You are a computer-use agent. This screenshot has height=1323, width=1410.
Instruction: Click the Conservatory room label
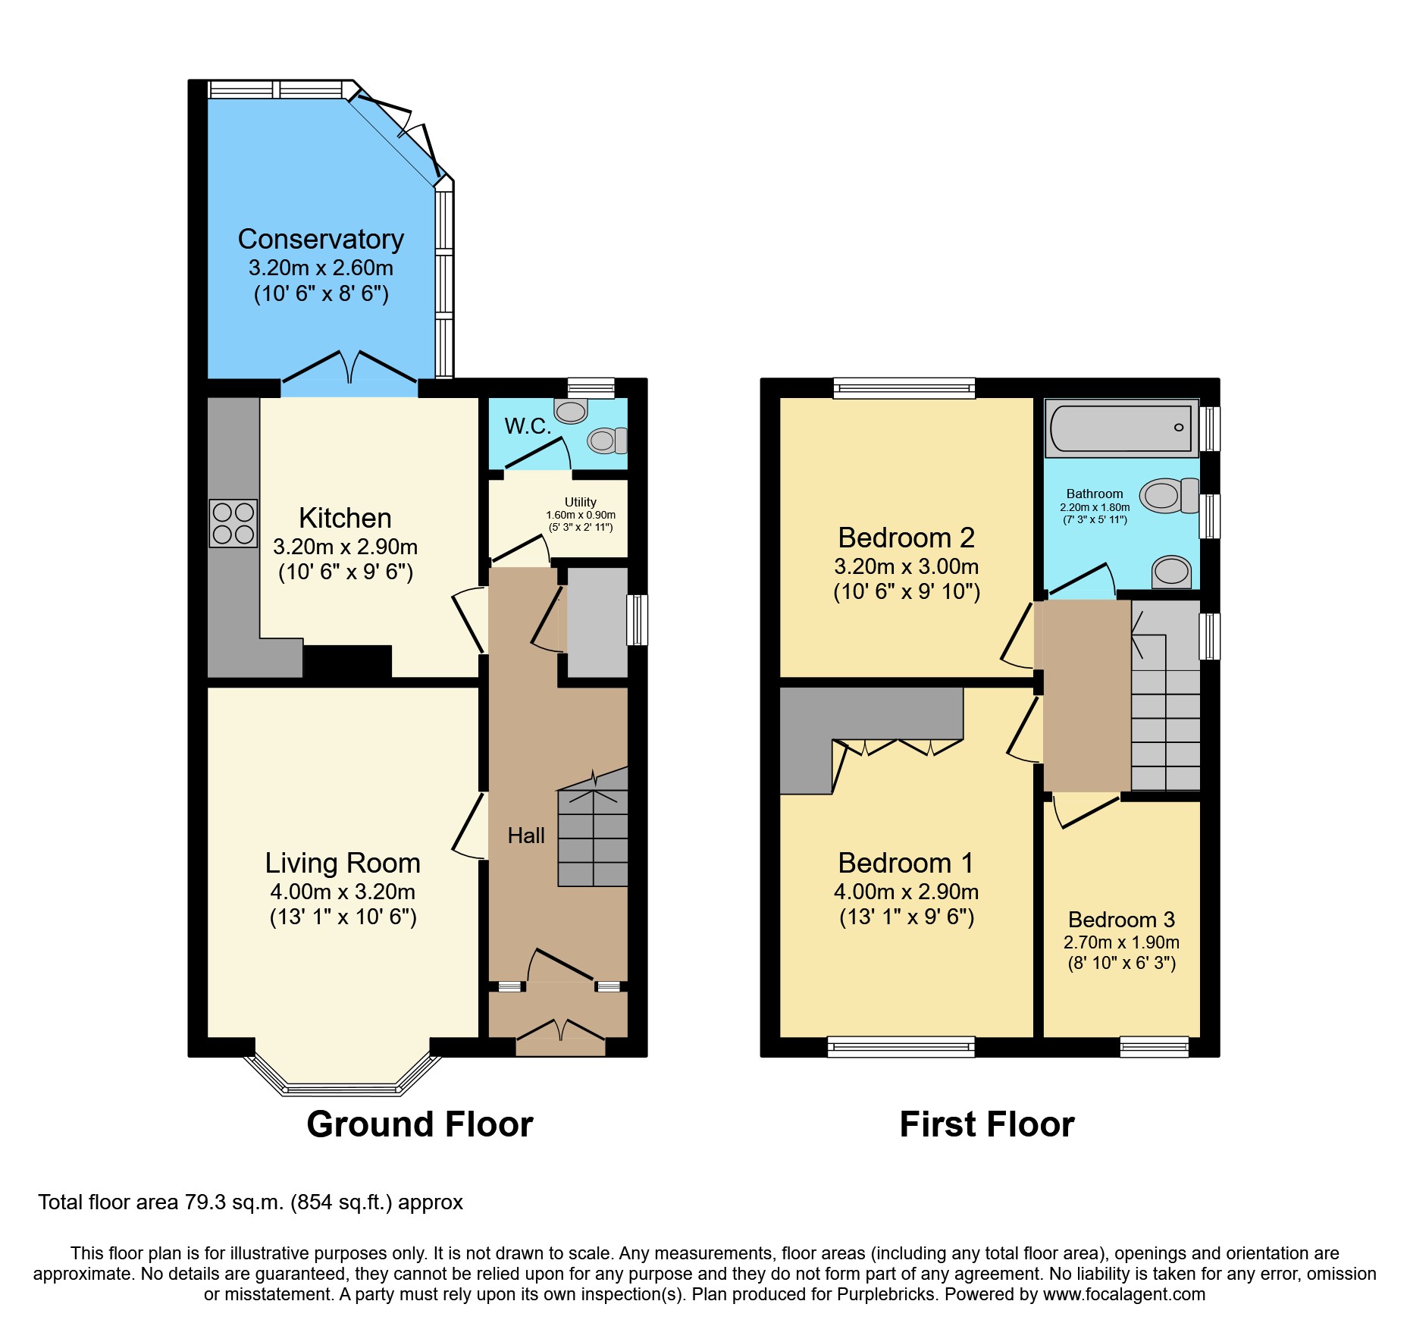(x=321, y=240)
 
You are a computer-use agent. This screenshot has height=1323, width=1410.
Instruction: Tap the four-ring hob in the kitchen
(x=233, y=523)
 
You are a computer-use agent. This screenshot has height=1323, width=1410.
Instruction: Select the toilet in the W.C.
(x=606, y=440)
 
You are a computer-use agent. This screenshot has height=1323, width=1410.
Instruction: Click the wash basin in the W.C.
(x=571, y=411)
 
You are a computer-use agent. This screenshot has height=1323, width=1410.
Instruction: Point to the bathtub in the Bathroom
(x=1121, y=428)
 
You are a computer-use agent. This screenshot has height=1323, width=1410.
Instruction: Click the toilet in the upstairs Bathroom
(x=1168, y=496)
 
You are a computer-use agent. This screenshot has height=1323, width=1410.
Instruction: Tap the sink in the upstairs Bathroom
(x=1171, y=571)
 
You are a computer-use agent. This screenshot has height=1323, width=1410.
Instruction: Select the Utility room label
(x=580, y=502)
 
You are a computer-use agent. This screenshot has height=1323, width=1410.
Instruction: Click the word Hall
(x=526, y=835)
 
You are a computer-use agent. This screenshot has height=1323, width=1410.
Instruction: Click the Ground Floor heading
(x=419, y=1124)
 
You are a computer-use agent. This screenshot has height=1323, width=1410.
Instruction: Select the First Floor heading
(x=986, y=1124)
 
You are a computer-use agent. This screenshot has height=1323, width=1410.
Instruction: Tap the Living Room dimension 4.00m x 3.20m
(x=343, y=892)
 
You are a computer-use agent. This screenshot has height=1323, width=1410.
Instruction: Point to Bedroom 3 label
(x=1121, y=920)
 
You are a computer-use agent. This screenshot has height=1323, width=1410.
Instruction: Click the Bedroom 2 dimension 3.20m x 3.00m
(x=906, y=566)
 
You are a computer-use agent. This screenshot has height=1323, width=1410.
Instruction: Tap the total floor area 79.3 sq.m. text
(x=250, y=1202)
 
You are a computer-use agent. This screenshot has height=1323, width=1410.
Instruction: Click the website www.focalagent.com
(x=1123, y=1294)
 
